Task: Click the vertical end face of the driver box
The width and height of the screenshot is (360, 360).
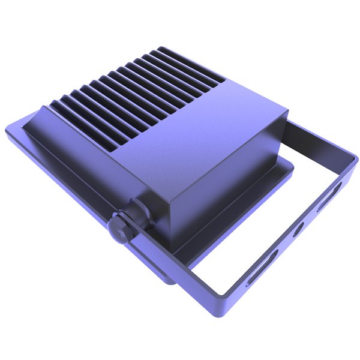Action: (x=222, y=180)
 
